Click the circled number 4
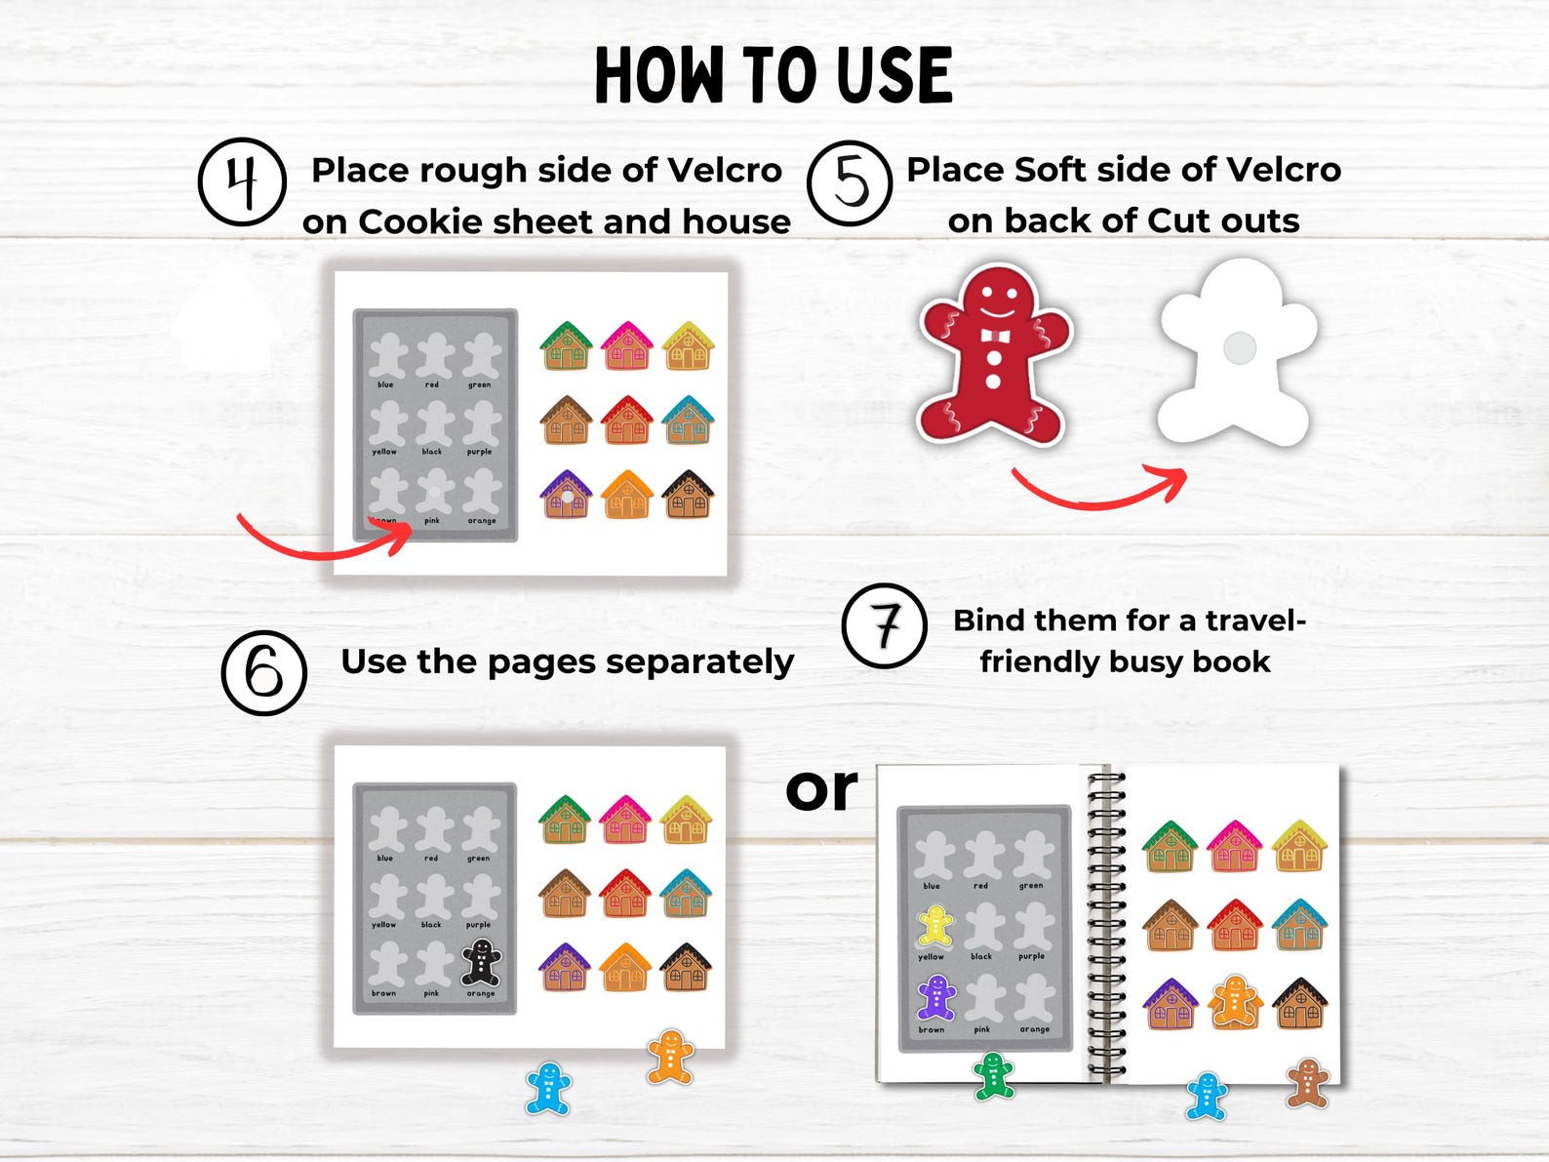tap(242, 182)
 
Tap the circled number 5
tap(850, 183)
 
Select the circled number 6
tap(264, 672)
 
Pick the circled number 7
tap(885, 625)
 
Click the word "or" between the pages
tap(821, 789)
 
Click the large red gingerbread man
tap(994, 356)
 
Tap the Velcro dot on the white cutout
tap(1239, 348)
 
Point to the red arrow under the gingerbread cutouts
tap(1100, 488)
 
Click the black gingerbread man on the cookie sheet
tap(481, 962)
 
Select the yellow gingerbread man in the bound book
tap(935, 927)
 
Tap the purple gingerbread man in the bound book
tap(935, 997)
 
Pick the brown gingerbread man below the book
tap(1307, 1083)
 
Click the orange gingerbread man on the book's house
tap(1235, 1003)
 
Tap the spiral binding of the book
tap(1105, 922)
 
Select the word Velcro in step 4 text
tap(725, 171)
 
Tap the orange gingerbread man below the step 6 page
tap(670, 1057)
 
